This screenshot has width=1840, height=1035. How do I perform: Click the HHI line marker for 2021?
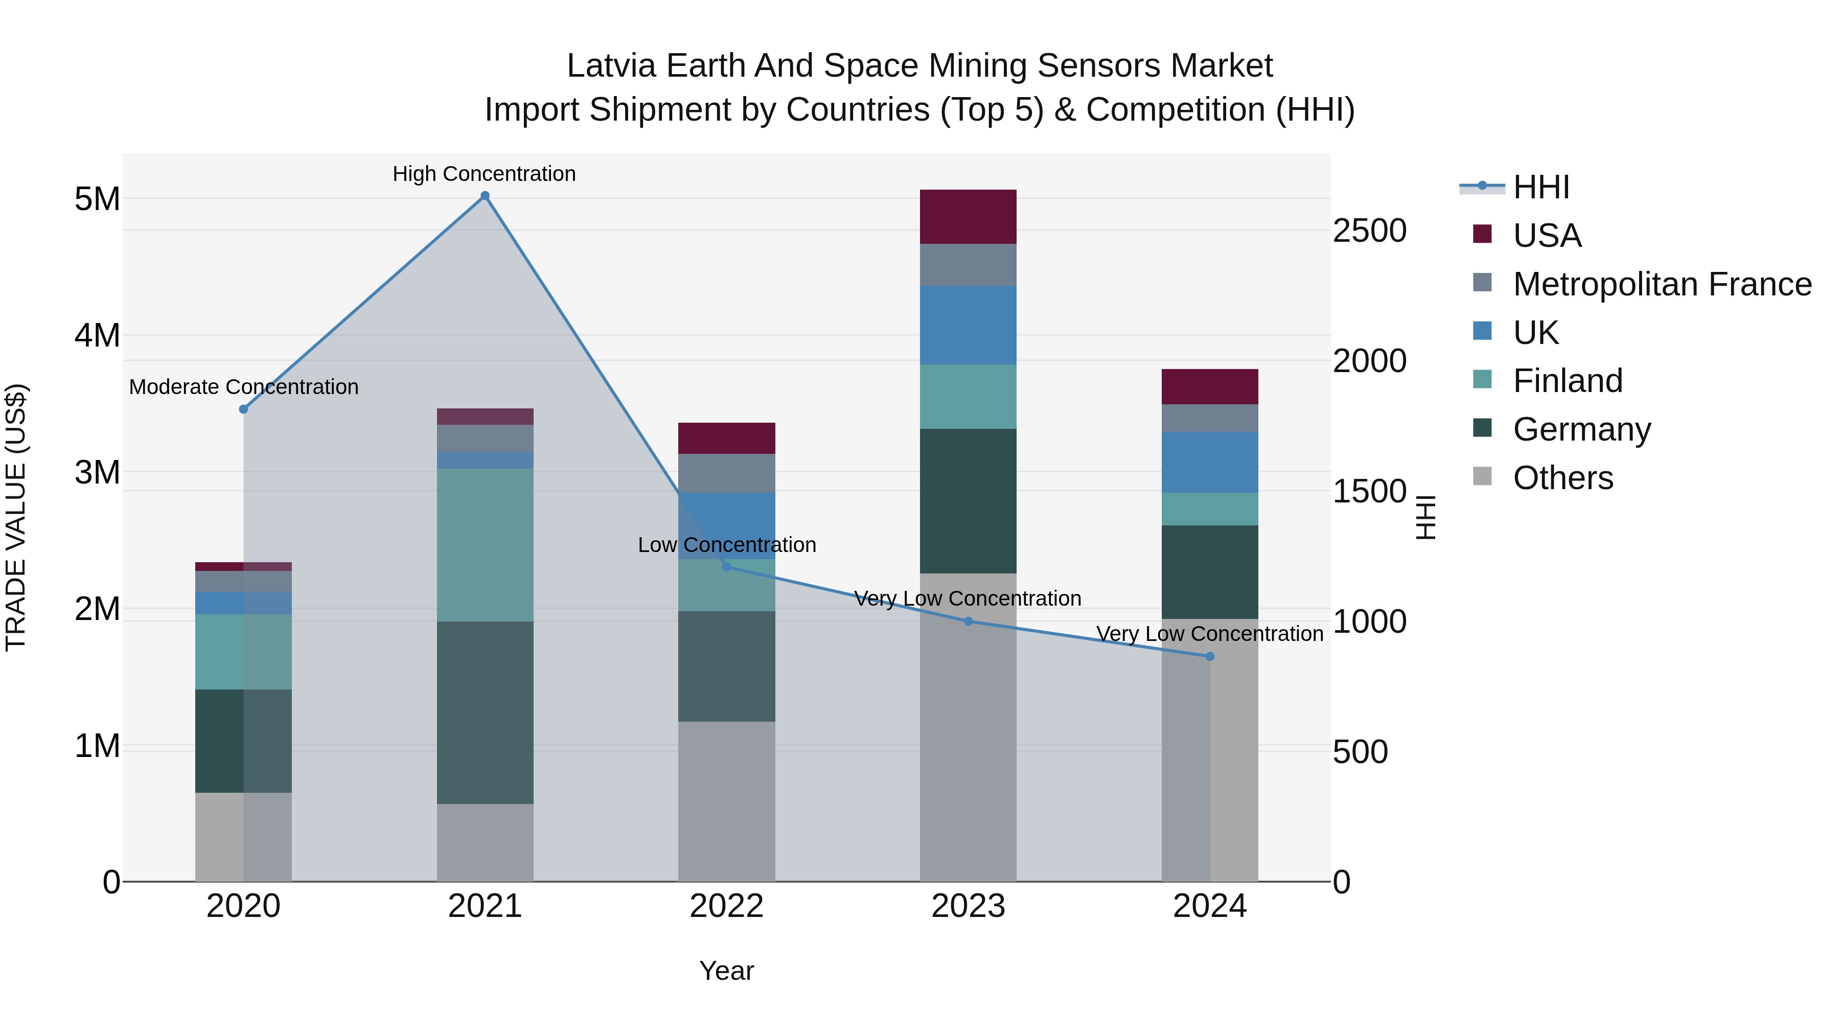(485, 196)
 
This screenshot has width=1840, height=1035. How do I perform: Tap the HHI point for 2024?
(1209, 656)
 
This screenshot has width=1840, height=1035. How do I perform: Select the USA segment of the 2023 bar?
(968, 216)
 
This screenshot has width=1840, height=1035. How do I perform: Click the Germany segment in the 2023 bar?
(968, 501)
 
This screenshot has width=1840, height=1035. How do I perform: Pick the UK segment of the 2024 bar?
(1209, 462)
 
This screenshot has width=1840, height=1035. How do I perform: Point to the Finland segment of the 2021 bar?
(485, 544)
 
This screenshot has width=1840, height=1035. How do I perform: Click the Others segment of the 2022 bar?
(726, 801)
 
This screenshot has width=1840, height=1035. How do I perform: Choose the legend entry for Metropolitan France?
(1662, 284)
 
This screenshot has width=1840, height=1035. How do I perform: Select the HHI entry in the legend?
(1540, 187)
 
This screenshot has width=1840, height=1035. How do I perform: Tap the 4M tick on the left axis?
(97, 335)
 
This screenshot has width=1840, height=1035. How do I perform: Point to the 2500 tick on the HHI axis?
(1369, 231)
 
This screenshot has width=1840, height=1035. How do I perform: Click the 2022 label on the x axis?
(726, 906)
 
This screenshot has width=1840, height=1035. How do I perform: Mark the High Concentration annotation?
(485, 174)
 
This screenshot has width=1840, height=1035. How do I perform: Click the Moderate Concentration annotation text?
(244, 386)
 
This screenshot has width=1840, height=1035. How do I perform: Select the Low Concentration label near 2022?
(726, 544)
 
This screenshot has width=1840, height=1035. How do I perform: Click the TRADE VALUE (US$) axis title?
(16, 517)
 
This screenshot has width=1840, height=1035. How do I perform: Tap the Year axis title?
(726, 971)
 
